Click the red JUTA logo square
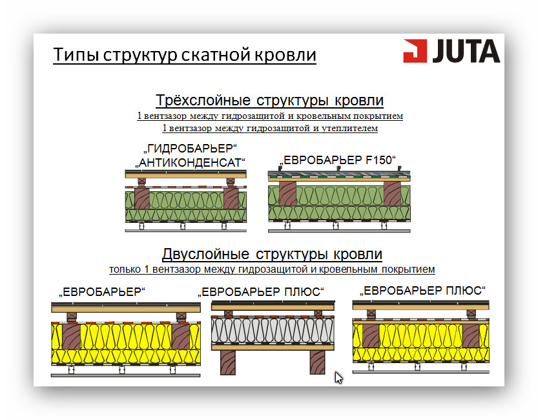(x=415, y=51)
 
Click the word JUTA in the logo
(x=466, y=51)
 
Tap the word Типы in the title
(x=76, y=54)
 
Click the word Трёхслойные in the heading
(x=203, y=100)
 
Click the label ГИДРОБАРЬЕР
(x=191, y=149)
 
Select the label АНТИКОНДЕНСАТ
(x=191, y=162)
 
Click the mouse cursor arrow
(x=338, y=377)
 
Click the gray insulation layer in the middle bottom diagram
(x=273, y=330)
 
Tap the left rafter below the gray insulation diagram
(x=228, y=362)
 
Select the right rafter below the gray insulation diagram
(x=318, y=362)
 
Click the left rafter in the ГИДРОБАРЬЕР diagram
(x=142, y=198)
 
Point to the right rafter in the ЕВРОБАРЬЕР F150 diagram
(x=392, y=194)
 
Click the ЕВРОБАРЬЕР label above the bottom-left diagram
(x=102, y=291)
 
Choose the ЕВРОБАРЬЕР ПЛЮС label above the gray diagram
(x=261, y=291)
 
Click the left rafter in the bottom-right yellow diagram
(x=371, y=336)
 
